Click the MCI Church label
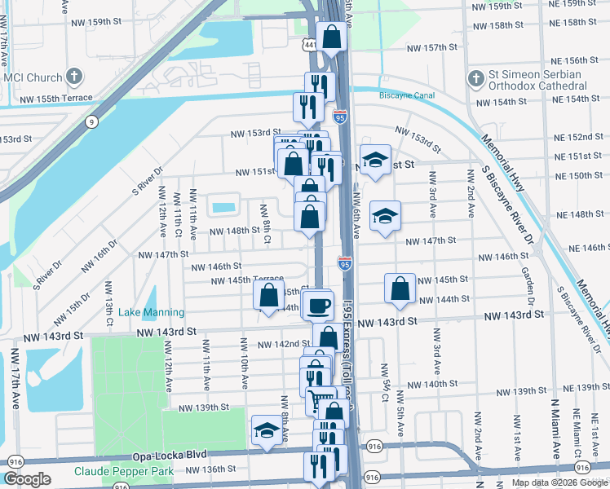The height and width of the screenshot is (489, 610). coord(33,78)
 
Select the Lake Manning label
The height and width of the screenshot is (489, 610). coord(152,312)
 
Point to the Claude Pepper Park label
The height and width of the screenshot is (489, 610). coord(124,471)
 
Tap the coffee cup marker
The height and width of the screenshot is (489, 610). coord(319,306)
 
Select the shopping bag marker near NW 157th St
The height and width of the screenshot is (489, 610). coord(332,37)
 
